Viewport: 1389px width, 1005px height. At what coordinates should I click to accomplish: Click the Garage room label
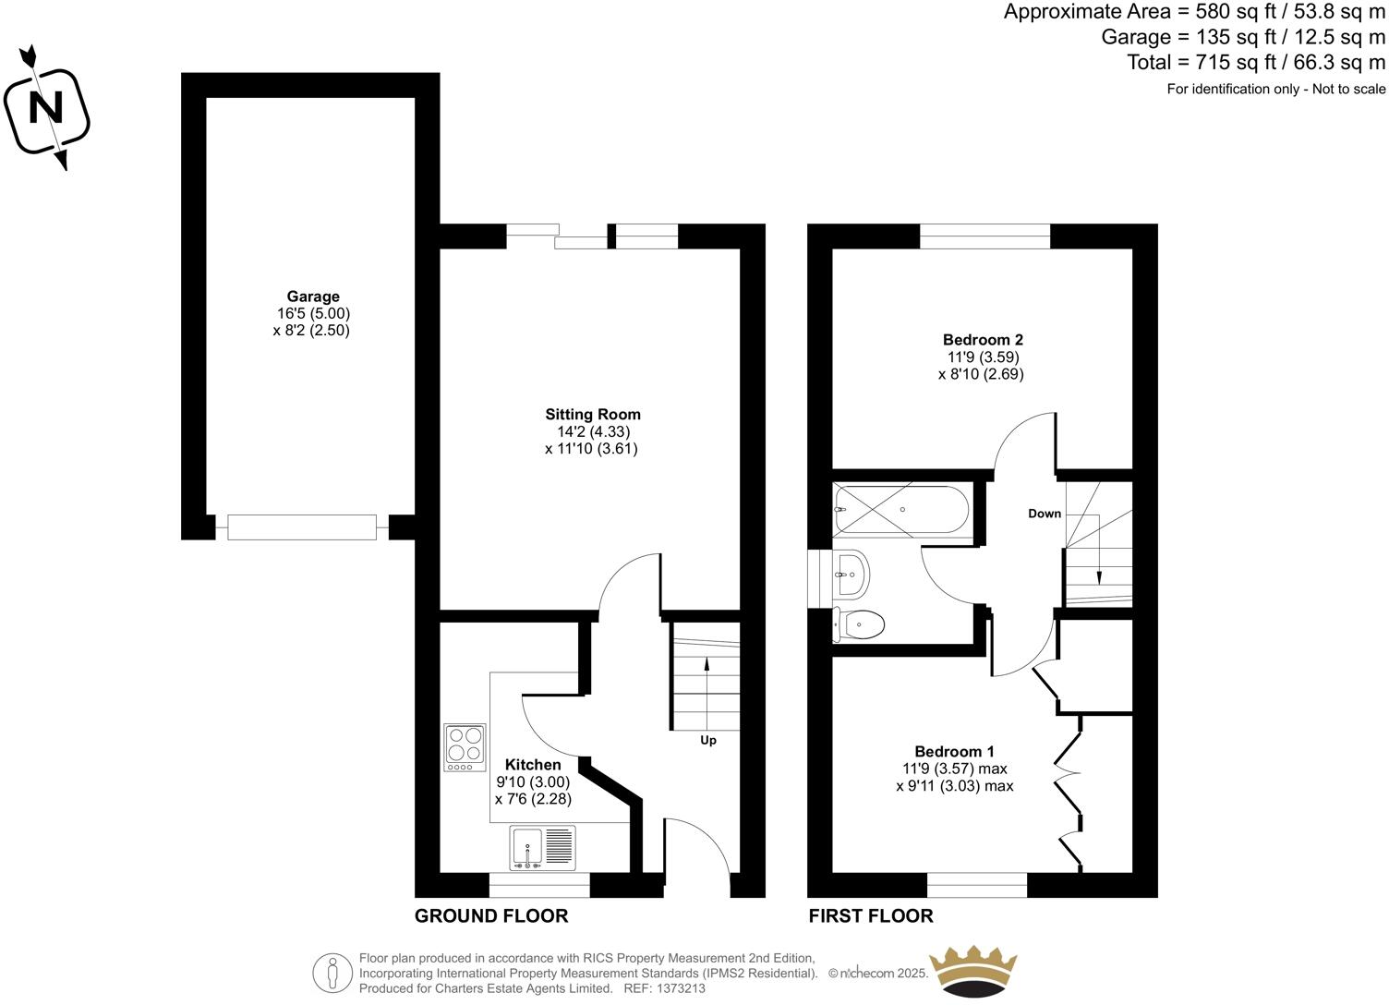pyautogui.click(x=313, y=297)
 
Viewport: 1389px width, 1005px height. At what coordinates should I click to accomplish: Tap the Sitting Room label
pyautogui.click(x=592, y=415)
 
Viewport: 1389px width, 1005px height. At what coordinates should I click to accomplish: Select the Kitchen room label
pyautogui.click(x=533, y=765)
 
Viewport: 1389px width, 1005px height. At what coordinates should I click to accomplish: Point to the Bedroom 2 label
pyautogui.click(x=983, y=340)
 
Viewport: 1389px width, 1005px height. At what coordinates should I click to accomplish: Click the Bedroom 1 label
pyautogui.click(x=954, y=752)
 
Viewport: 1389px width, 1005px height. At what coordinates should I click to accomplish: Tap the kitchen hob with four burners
pyautogui.click(x=465, y=746)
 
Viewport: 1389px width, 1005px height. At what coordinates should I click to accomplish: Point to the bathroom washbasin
pyautogui.click(x=851, y=574)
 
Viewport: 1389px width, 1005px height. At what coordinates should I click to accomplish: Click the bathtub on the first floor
pyautogui.click(x=900, y=510)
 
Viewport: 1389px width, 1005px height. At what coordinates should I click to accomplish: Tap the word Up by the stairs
pyautogui.click(x=708, y=740)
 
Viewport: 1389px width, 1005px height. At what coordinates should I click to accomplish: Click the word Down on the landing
pyautogui.click(x=1045, y=514)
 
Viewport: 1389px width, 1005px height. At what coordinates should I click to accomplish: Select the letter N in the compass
pyautogui.click(x=45, y=109)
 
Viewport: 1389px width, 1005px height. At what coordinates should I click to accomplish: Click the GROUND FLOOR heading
pyautogui.click(x=491, y=915)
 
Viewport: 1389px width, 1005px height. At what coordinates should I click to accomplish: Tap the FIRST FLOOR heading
pyautogui.click(x=871, y=915)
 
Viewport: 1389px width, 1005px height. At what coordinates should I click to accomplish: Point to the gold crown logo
pyautogui.click(x=972, y=970)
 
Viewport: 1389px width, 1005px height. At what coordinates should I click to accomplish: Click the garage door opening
pyautogui.click(x=302, y=527)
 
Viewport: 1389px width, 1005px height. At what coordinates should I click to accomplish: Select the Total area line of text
pyautogui.click(x=1256, y=63)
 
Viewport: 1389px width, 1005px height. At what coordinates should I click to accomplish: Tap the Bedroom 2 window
pyautogui.click(x=985, y=236)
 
